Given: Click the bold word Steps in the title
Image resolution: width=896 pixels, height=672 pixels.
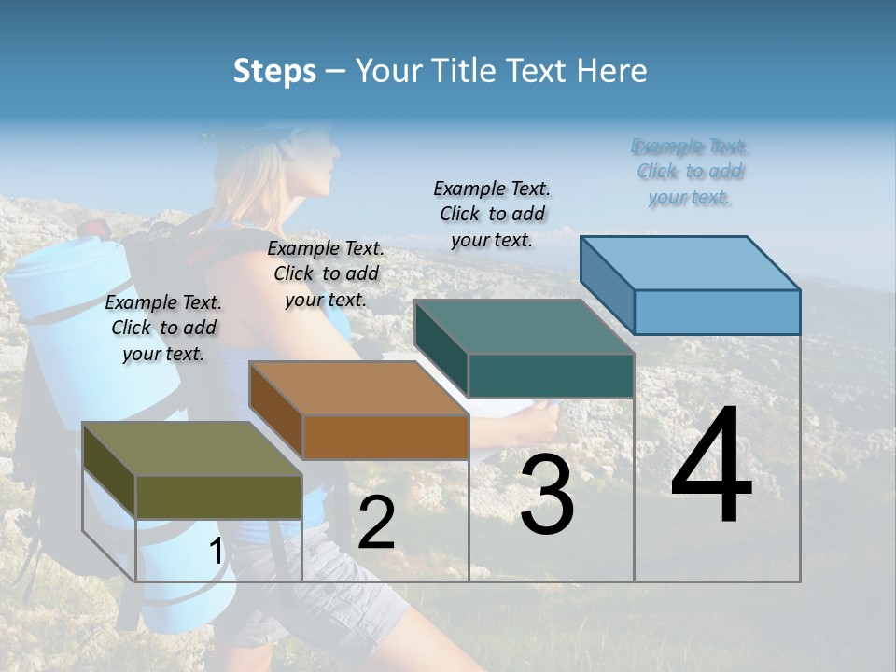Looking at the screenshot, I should tap(273, 71).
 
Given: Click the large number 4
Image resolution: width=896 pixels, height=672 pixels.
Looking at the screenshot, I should tap(711, 467).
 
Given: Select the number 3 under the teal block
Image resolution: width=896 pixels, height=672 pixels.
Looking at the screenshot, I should tap(547, 495).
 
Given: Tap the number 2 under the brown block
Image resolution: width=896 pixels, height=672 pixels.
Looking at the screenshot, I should tap(376, 523).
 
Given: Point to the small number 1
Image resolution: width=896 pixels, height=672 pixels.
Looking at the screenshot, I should tap(216, 552).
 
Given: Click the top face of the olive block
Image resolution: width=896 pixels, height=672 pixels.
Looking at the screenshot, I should tap(191, 449).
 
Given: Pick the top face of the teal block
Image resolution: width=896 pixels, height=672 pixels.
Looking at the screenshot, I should tap(524, 327).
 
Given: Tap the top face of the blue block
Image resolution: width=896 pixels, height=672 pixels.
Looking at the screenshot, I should tap(690, 263).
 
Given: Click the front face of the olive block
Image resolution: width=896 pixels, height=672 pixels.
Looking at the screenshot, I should tap(218, 497).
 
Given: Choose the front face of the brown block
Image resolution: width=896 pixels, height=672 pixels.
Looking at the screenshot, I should tap(385, 437).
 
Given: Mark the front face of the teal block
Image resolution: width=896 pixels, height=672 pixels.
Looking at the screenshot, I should tap(551, 375).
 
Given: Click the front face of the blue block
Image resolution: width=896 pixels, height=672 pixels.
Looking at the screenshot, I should tap(717, 312).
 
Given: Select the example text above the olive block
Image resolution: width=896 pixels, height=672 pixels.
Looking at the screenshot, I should tap(163, 328).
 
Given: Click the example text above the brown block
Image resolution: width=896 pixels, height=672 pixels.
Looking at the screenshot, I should tap(326, 273).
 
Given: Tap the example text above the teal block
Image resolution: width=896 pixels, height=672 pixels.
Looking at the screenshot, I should tap(492, 214).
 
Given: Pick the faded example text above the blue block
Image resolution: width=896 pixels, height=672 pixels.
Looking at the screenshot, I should tap(690, 172).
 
